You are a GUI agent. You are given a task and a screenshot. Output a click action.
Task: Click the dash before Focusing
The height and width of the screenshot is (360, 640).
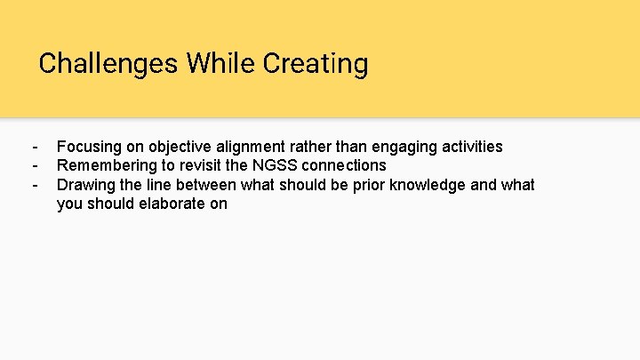pyautogui.click(x=34, y=147)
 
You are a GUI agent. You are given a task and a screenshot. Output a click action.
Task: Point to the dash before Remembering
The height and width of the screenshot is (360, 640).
pyautogui.click(x=34, y=165)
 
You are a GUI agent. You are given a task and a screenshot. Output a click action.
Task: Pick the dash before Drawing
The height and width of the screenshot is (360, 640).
pyautogui.click(x=34, y=185)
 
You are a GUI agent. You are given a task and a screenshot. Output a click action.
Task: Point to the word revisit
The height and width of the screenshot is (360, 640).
pyautogui.click(x=204, y=165)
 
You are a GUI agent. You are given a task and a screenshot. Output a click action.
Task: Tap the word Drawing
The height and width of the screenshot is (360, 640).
pyautogui.click(x=85, y=185)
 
